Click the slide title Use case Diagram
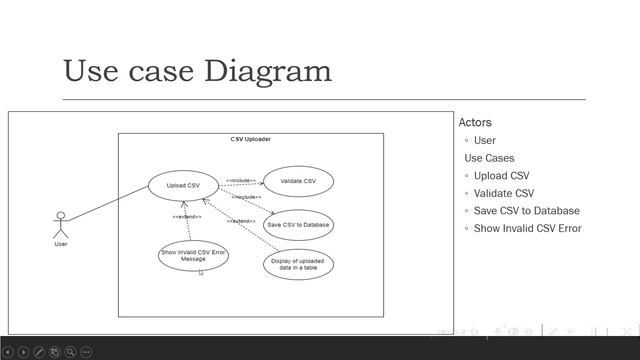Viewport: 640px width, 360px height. pos(197,71)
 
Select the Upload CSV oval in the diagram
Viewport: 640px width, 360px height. pos(183,185)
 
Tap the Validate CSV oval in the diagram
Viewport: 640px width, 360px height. pos(298,181)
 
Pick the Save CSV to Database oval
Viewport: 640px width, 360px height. pos(298,225)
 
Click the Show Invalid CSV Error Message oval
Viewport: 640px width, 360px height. pos(194,255)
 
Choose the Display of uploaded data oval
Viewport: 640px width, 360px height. pos(298,264)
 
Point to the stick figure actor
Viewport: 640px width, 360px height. pos(61,224)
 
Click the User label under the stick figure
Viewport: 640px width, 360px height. pos(61,244)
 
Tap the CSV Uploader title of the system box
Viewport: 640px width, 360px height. pos(250,139)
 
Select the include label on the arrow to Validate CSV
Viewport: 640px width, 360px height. pos(241,181)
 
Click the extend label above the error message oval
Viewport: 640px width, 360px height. pos(187,217)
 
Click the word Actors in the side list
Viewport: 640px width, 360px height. pos(475,123)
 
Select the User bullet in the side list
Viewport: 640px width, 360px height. pos(485,141)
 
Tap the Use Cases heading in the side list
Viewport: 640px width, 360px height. pos(490,158)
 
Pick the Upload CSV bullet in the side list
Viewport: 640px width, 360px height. pos(502,176)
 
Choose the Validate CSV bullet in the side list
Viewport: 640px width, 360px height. pos(504,193)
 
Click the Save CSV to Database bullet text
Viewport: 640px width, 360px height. pos(526,211)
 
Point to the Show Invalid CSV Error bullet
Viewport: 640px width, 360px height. pos(527,228)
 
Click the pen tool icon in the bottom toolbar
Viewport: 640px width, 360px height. pos(39,352)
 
